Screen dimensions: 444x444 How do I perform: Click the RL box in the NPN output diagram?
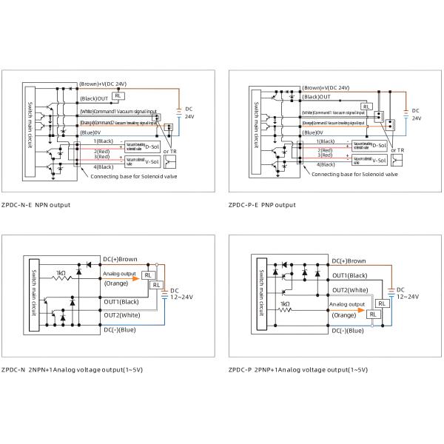(118, 96)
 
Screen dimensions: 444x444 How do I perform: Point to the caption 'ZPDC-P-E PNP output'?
(262, 204)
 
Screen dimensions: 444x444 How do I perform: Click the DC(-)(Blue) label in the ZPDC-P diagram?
(347, 330)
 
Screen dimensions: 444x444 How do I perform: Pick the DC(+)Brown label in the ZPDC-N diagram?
(121, 258)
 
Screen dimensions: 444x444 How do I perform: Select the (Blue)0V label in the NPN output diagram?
(91, 132)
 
